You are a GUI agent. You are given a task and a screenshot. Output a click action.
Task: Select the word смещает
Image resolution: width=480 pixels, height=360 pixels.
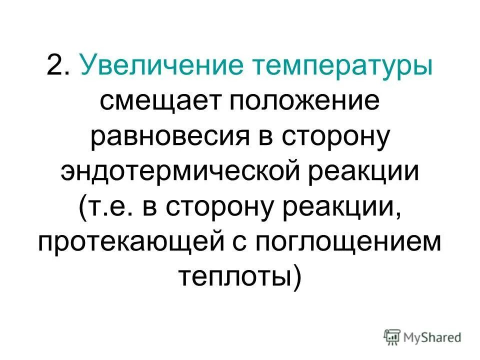(159, 103)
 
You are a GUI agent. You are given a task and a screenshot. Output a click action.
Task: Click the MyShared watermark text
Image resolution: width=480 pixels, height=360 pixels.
(431, 337)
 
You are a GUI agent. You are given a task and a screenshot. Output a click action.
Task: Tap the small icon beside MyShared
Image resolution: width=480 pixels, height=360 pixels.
(392, 336)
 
